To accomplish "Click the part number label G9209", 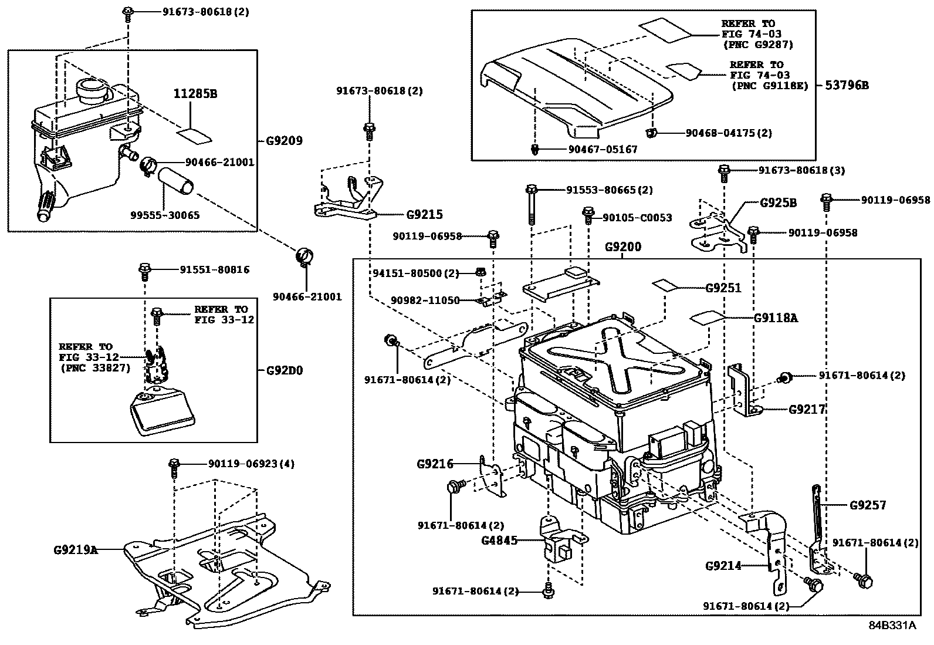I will pos(284,141).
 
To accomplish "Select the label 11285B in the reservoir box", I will pos(195,94).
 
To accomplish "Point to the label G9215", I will pos(425,215).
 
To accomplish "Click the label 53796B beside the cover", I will pos(847,85).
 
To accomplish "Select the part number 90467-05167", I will pos(603,150).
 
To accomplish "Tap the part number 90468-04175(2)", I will pos(729,133).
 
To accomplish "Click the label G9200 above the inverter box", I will pos(623,247).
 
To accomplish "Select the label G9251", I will pos(723,288).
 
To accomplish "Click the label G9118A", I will pos(776,318).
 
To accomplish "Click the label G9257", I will pos(868,505).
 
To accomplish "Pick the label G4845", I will pos(500,540).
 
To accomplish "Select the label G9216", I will pos(435,464).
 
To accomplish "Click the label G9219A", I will pos(75,551).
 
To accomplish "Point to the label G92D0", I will pos(285,370).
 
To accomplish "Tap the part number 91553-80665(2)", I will pos(609,190).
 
